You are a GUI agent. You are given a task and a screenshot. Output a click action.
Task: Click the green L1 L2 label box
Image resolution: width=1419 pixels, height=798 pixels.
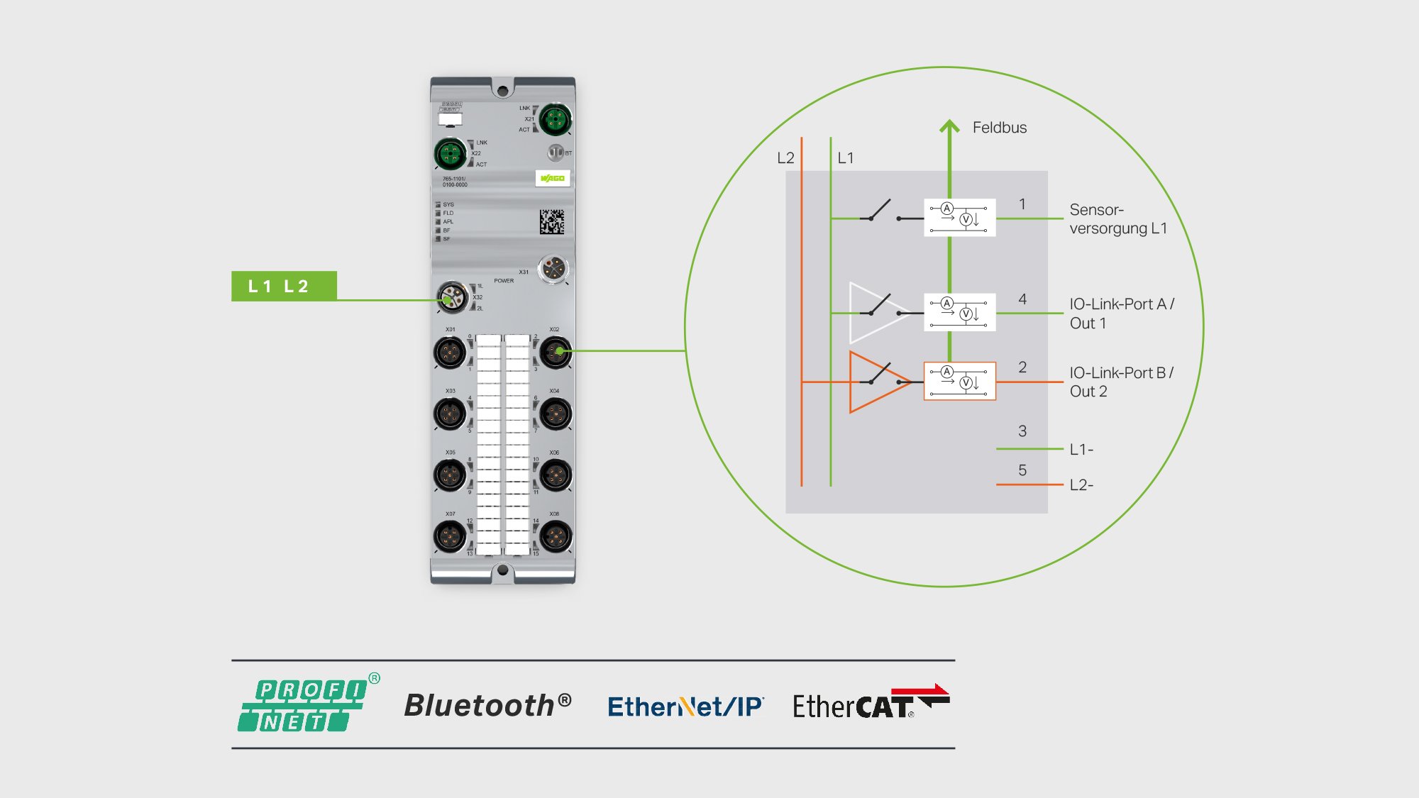[284, 286]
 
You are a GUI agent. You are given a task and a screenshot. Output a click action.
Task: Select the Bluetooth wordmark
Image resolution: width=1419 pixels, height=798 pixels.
[487, 705]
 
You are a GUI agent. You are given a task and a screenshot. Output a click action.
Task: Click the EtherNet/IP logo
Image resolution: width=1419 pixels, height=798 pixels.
[685, 706]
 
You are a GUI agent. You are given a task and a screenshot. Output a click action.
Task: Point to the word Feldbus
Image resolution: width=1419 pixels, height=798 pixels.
[999, 128]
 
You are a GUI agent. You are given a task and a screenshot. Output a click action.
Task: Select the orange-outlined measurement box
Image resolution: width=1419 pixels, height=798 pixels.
[959, 381]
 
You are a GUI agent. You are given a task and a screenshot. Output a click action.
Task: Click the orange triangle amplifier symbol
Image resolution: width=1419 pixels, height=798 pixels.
[878, 382]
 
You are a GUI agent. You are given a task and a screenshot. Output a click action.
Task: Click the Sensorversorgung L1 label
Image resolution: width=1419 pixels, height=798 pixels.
[1117, 219]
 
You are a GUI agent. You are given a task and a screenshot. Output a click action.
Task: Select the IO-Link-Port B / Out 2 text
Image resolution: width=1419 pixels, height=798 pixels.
[1121, 382]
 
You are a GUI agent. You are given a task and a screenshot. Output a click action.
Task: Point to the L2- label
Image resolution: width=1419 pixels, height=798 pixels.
[1081, 485]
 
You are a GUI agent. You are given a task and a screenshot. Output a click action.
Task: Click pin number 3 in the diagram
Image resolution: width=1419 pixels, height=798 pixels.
[1022, 431]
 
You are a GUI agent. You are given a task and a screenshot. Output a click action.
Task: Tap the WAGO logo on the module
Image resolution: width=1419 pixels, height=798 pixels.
[552, 178]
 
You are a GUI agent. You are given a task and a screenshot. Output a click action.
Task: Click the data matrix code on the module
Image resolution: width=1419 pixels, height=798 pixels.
[551, 222]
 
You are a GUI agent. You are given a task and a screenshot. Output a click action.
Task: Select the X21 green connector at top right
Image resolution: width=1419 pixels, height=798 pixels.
[555, 119]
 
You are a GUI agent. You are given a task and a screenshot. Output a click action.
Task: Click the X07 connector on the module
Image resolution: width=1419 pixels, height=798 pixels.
[450, 536]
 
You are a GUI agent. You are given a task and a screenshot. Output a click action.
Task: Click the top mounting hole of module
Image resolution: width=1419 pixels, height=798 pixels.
[502, 90]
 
